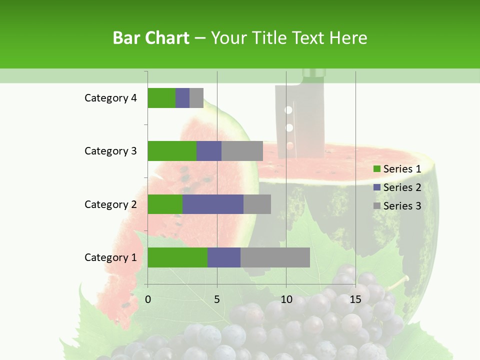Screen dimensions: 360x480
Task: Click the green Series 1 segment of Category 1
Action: point(177,257)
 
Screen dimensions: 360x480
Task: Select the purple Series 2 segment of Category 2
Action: point(212,204)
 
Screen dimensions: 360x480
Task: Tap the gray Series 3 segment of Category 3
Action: point(242,151)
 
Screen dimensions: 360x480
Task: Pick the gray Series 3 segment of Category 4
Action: point(196,98)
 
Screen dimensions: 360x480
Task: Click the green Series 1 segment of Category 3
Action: point(171,151)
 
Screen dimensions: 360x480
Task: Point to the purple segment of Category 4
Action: point(182,98)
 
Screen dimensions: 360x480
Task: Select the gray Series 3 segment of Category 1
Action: point(275,257)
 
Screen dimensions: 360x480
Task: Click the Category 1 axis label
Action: point(110,257)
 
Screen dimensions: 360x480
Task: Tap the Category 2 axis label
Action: point(110,204)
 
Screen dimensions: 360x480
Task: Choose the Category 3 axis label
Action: point(110,151)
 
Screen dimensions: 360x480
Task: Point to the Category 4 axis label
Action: point(110,98)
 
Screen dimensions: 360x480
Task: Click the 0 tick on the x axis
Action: point(148,299)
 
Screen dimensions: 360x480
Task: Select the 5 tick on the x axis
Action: point(217,299)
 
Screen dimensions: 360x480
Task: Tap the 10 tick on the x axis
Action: point(286,299)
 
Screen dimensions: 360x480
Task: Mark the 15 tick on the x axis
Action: point(355,299)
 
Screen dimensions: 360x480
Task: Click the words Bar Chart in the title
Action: point(151,38)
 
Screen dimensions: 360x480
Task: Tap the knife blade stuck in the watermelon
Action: point(298,120)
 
